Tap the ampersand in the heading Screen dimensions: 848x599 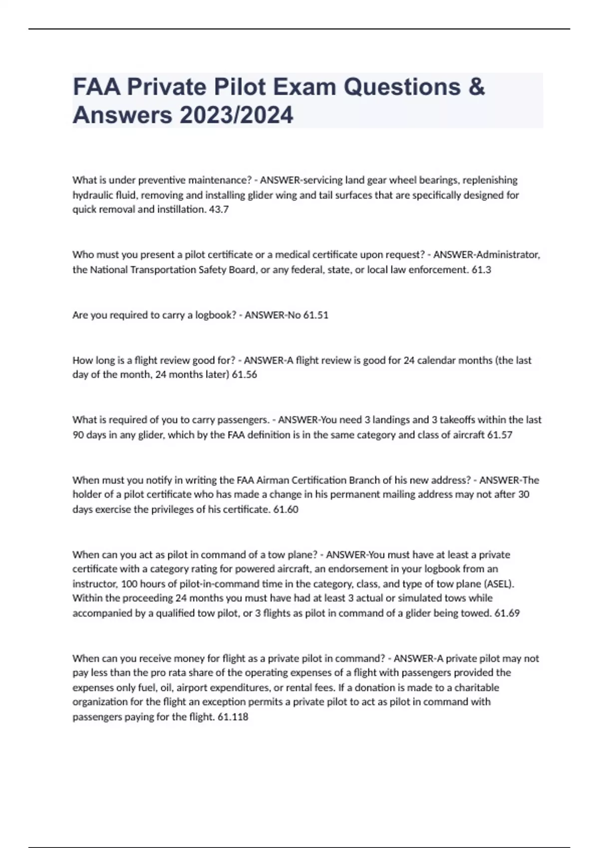click(477, 87)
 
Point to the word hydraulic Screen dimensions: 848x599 click(93, 195)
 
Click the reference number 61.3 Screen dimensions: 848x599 click(481, 270)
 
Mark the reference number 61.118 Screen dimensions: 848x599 click(233, 717)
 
